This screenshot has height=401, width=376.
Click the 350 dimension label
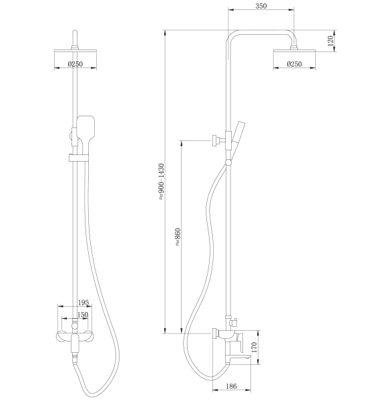point(260,7)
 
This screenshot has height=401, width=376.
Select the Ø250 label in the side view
point(294,64)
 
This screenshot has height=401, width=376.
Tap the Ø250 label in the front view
point(75,64)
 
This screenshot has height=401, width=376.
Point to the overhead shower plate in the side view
point(294,50)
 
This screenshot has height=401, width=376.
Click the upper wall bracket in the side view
point(217,140)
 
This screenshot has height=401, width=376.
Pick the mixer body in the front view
point(75,333)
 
